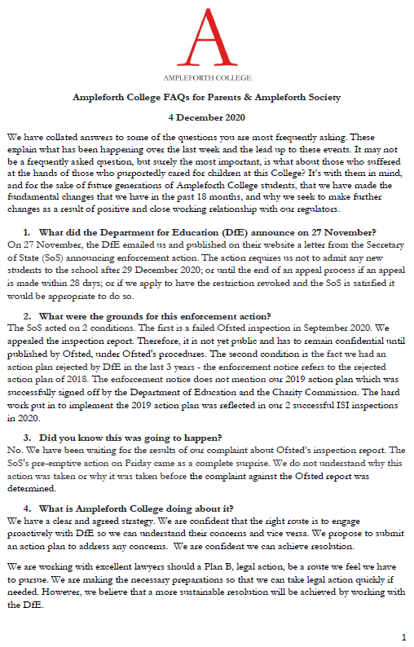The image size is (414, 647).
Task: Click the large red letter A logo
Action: (x=206, y=42)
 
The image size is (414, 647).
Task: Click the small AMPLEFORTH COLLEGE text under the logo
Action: (x=206, y=81)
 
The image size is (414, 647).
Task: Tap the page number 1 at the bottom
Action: (x=403, y=636)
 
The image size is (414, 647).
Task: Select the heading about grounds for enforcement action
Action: (x=155, y=315)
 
